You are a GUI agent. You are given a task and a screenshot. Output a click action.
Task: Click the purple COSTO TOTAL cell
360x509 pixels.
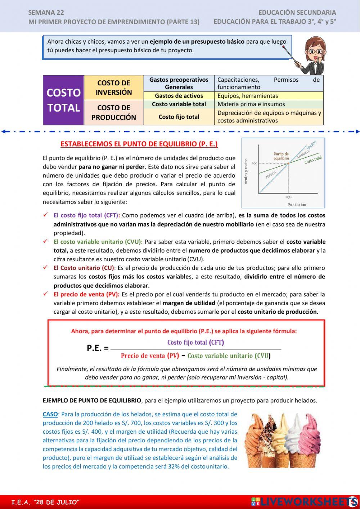click(63, 100)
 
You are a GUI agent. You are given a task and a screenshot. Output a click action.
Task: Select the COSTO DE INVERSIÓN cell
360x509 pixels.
click(114, 88)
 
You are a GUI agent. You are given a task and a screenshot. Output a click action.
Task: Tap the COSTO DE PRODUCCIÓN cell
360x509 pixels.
click(114, 112)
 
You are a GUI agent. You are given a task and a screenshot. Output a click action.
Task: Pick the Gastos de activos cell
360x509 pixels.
click(179, 96)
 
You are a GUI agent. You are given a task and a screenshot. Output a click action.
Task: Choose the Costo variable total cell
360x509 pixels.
click(179, 104)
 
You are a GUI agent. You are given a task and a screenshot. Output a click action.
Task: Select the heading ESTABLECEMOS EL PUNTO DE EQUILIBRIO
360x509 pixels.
click(139, 144)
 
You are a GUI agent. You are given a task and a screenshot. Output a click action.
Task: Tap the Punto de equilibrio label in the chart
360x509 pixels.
click(281, 156)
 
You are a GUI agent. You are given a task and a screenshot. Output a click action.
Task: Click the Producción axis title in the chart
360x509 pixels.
click(297, 205)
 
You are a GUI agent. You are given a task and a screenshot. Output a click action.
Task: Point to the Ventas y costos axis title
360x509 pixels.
click(246, 171)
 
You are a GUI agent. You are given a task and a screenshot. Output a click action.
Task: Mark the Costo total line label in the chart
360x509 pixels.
click(313, 160)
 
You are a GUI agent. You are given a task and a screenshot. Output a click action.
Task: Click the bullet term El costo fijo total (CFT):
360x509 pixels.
click(87, 215)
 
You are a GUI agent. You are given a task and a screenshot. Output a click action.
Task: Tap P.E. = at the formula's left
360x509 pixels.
click(98, 348)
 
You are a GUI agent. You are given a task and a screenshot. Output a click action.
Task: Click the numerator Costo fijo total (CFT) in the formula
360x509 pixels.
click(195, 342)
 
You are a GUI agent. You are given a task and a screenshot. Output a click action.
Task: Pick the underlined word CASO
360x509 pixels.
click(50, 414)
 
